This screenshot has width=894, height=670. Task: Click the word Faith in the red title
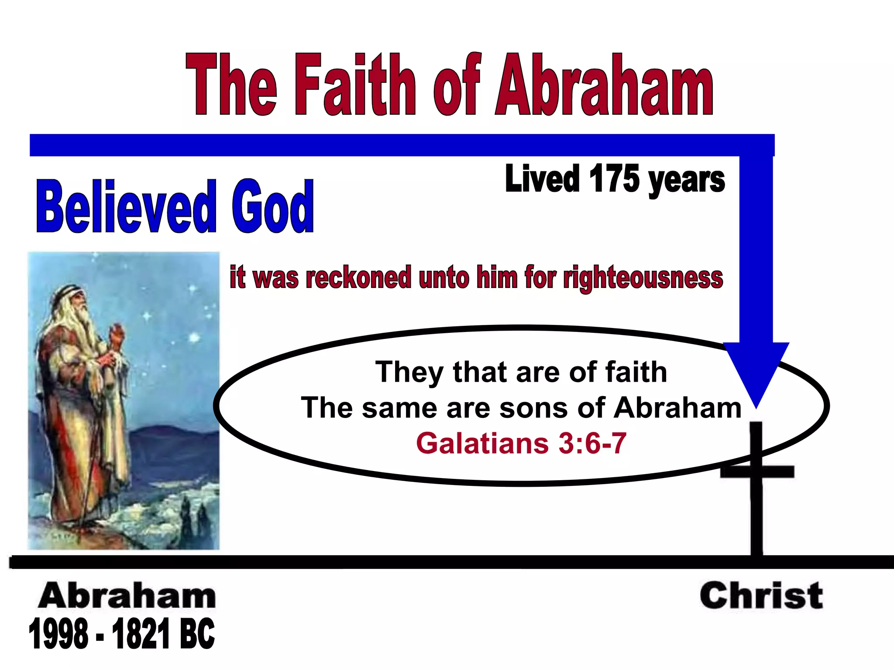tap(355, 85)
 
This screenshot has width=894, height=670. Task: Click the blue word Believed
tap(126, 207)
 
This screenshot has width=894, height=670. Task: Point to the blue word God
tap(272, 207)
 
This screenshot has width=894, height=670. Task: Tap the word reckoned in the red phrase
tap(358, 277)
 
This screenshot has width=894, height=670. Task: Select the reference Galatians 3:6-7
tap(521, 443)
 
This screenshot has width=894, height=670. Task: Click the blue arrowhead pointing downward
tap(756, 371)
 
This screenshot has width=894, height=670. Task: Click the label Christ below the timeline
tap(761, 596)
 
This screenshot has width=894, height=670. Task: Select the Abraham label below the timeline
tap(127, 596)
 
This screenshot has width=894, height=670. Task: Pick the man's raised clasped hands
tap(115, 336)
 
